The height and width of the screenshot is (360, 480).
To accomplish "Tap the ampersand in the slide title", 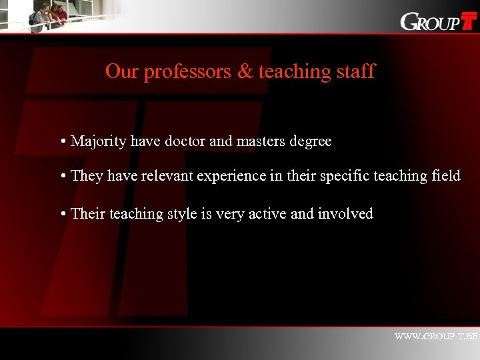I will [x=245, y=71].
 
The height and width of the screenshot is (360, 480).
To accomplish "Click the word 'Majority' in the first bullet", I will [x=99, y=142].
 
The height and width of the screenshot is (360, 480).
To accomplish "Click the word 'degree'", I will [x=309, y=142].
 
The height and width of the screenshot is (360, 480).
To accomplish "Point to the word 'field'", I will [x=445, y=176].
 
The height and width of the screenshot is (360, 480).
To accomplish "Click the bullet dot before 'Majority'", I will [x=61, y=142].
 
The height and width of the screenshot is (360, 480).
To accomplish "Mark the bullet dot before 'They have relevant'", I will [x=61, y=177].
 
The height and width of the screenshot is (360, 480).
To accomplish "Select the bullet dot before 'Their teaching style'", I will [x=61, y=214].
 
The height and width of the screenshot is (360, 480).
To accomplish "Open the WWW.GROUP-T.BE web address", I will [x=436, y=337].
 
